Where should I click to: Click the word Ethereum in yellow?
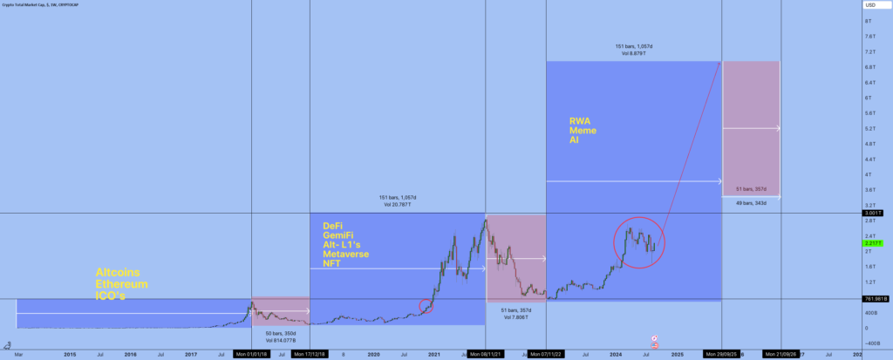click(x=121, y=284)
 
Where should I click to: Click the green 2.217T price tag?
click(x=869, y=243)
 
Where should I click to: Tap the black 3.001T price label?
click(x=869, y=213)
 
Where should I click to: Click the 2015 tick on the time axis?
click(x=70, y=355)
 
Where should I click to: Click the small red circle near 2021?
click(x=426, y=306)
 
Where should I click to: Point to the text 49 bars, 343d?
click(x=752, y=203)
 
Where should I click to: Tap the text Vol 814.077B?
click(x=282, y=340)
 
